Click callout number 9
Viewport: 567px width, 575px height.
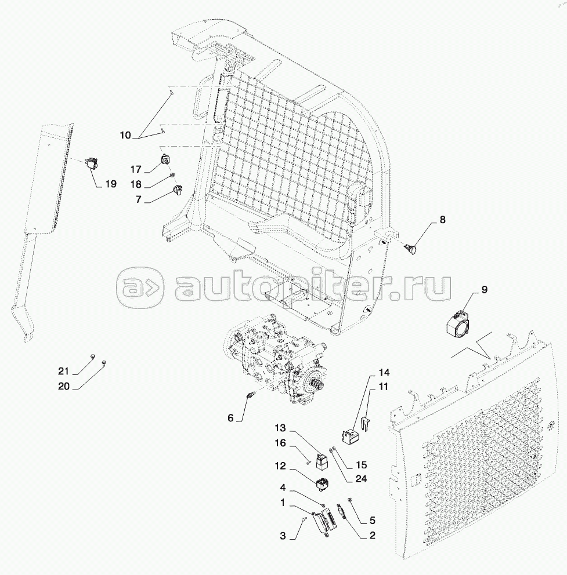484,290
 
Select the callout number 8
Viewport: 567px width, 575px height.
442,220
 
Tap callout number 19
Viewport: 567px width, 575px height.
111,184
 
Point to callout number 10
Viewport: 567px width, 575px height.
125,135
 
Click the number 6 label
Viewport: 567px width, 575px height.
230,418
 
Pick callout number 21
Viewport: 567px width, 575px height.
63,372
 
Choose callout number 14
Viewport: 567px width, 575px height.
384,373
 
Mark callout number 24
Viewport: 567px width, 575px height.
362,479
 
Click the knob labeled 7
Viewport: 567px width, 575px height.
178,190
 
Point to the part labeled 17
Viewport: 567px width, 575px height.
165,159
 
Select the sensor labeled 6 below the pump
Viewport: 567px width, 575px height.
251,395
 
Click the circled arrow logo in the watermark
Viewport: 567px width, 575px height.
140,286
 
